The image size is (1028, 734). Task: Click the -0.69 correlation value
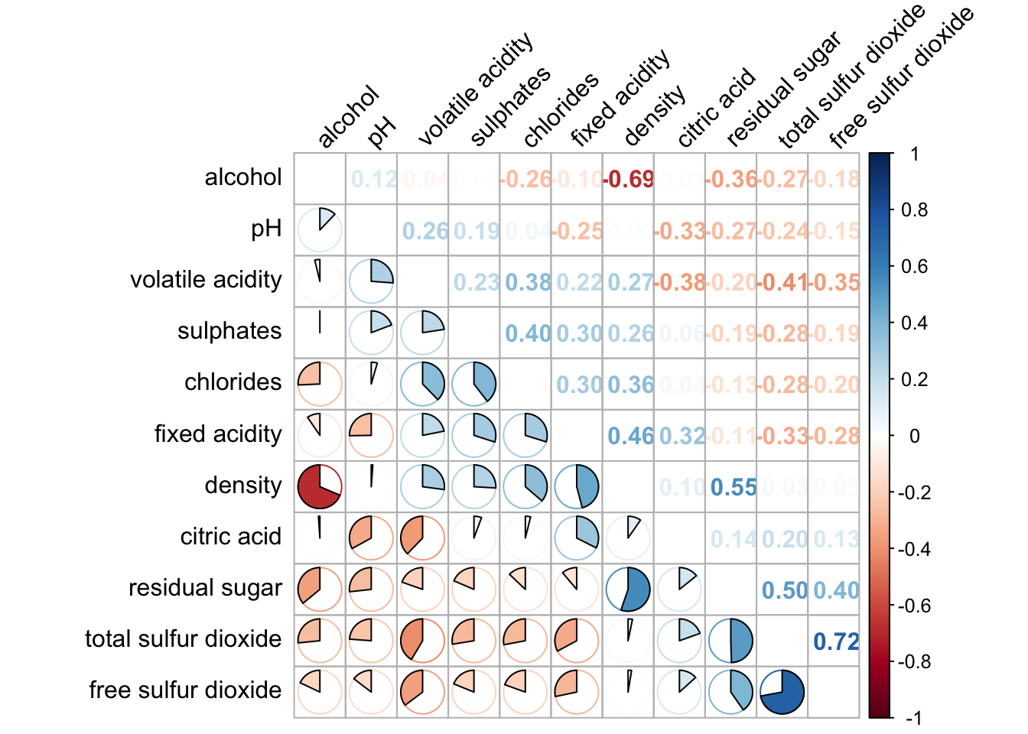(x=628, y=180)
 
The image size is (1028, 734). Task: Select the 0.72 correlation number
(x=835, y=641)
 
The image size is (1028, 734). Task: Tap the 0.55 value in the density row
(x=733, y=487)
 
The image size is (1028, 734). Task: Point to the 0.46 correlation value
(x=630, y=436)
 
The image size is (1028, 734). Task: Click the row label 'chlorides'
(x=233, y=382)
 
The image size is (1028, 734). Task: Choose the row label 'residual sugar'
(x=205, y=588)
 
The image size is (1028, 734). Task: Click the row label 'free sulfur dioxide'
(x=185, y=690)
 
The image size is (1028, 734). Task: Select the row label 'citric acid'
(x=230, y=537)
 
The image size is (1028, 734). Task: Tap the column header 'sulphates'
(x=509, y=106)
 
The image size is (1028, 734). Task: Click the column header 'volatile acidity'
(x=474, y=89)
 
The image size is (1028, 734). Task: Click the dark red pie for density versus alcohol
(x=320, y=486)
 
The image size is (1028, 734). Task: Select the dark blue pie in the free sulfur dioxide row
(x=782, y=692)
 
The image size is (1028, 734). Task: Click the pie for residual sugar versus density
(x=628, y=589)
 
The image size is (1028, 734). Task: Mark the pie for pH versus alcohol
(x=320, y=229)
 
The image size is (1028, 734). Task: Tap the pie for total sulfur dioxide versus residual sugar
(x=730, y=641)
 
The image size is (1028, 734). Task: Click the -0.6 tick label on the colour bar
(x=913, y=606)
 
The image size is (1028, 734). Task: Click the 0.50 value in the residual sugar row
(x=784, y=590)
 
